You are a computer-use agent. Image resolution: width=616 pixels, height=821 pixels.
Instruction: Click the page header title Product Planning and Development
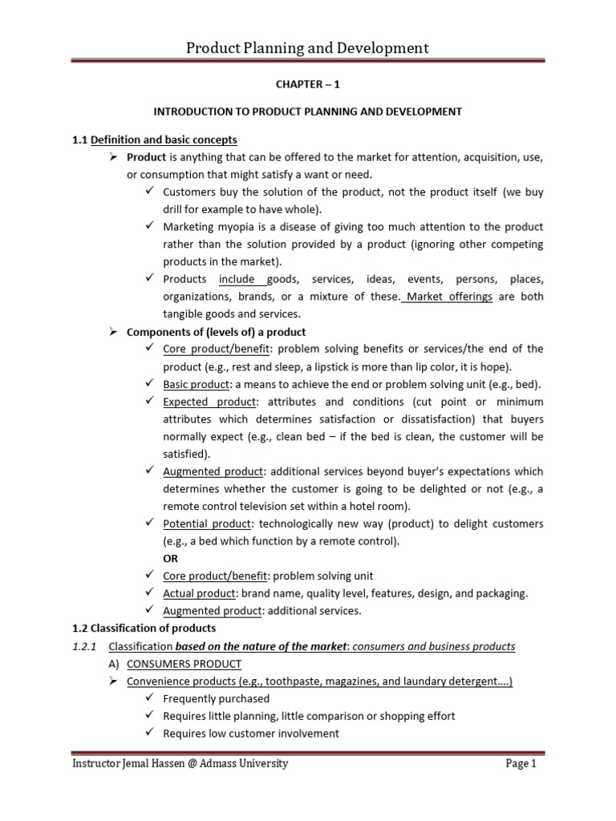(x=307, y=48)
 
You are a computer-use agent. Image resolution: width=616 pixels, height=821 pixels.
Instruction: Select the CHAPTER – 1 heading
(x=307, y=84)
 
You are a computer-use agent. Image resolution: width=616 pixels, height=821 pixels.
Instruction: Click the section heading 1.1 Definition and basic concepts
(x=154, y=140)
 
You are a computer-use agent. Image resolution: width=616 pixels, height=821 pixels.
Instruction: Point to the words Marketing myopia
(x=205, y=227)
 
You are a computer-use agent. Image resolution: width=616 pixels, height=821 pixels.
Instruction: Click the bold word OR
(x=171, y=559)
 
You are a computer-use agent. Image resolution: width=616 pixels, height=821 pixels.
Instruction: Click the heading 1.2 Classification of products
(x=144, y=628)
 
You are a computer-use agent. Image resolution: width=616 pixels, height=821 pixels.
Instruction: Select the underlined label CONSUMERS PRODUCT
(x=184, y=664)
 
